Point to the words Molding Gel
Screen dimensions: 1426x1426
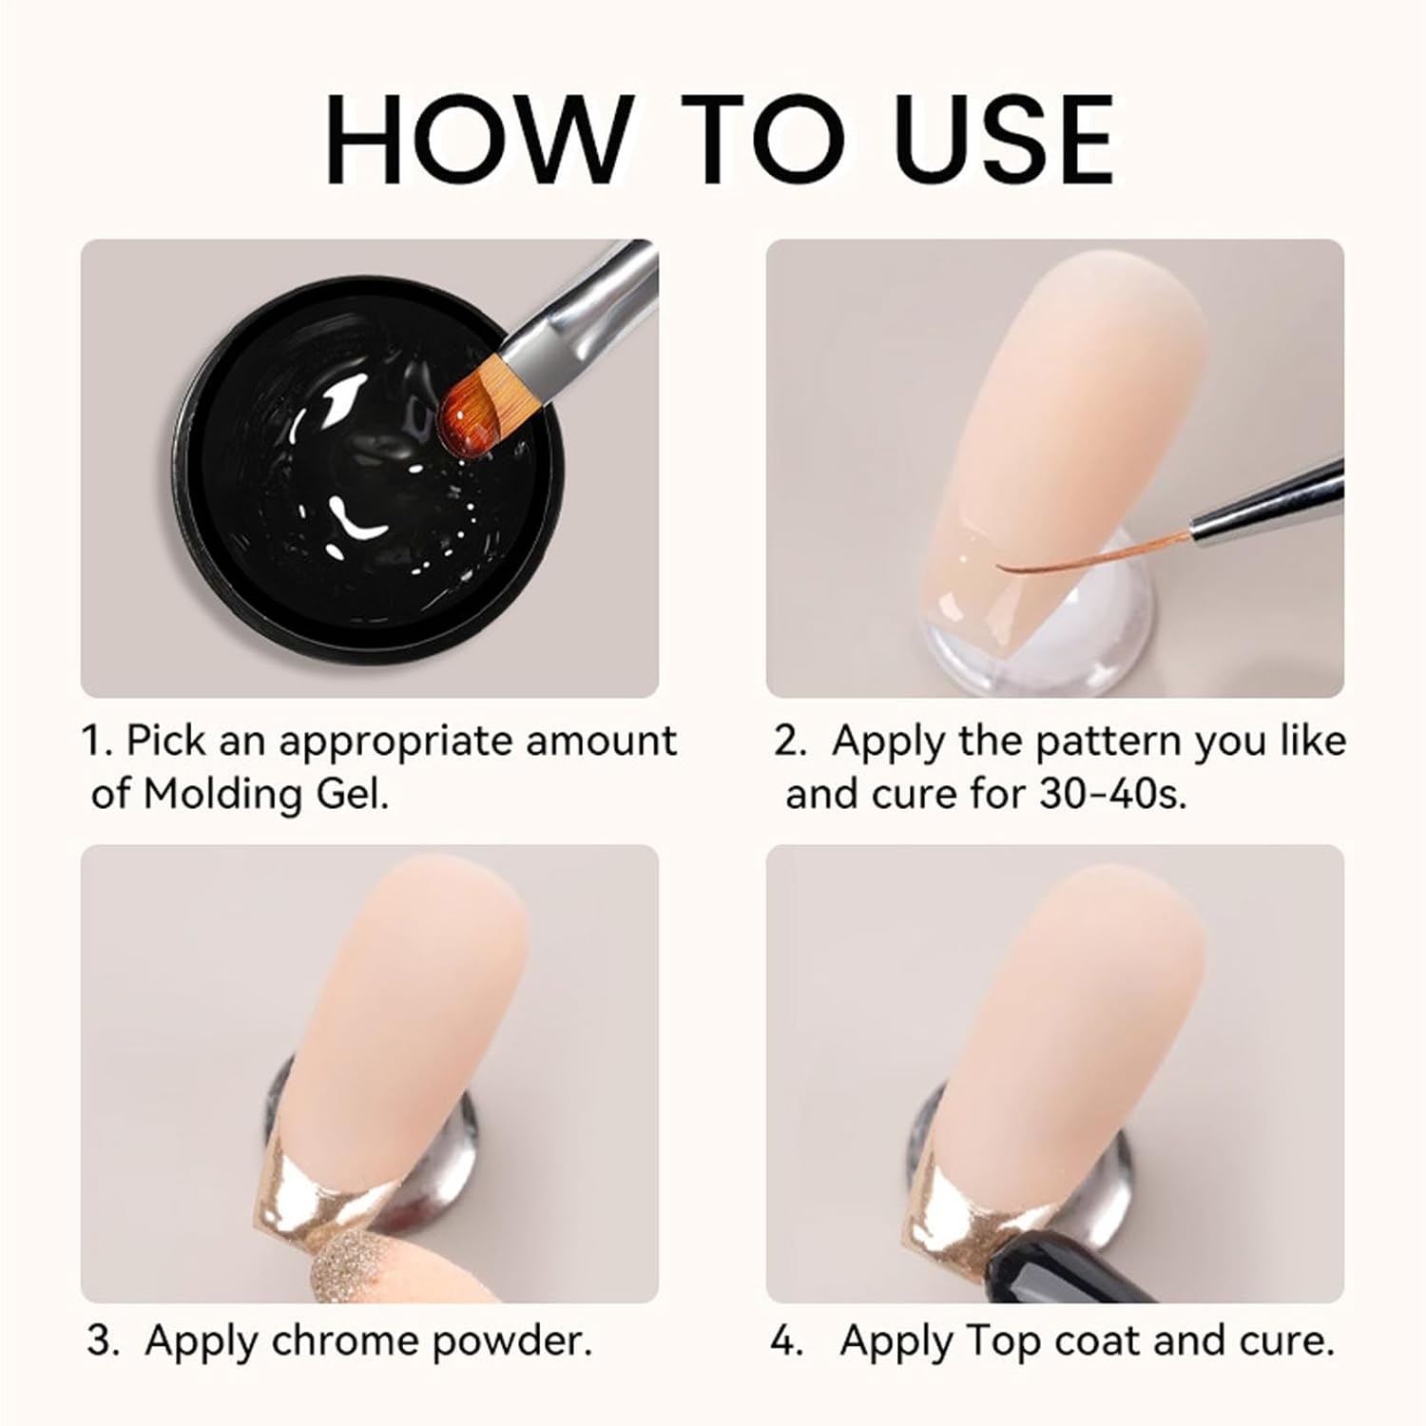[266, 794]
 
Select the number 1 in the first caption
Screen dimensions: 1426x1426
[93, 742]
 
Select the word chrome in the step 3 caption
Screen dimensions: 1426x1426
[347, 1341]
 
